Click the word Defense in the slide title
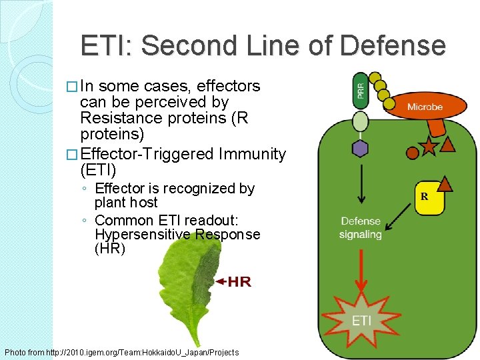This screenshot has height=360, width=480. [x=392, y=46]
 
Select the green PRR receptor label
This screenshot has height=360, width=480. [x=360, y=91]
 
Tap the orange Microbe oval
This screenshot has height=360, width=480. [x=424, y=107]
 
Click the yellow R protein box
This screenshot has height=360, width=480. [x=424, y=197]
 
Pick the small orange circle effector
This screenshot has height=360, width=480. [x=413, y=153]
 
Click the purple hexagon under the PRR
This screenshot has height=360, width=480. [x=360, y=148]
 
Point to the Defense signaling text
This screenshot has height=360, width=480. [x=360, y=227]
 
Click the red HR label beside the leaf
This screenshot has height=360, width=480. [x=239, y=282]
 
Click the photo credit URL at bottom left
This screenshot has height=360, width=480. [x=121, y=352]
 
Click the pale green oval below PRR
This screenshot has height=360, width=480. [x=360, y=121]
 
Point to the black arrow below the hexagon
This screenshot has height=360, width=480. [x=361, y=183]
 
